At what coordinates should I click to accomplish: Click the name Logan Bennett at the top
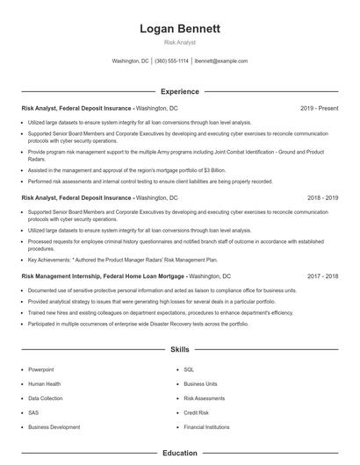click(x=179, y=28)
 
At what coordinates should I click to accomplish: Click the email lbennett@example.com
click(x=221, y=61)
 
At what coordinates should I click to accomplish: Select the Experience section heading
click(x=179, y=91)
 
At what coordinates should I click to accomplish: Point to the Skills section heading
click(x=179, y=349)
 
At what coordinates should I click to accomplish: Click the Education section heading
click(x=179, y=454)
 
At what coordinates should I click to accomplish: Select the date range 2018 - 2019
click(x=322, y=198)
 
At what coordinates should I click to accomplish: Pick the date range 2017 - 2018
click(x=322, y=275)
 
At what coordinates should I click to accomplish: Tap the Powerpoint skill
click(x=41, y=369)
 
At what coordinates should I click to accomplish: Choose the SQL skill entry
click(x=189, y=369)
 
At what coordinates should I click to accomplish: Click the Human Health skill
click(x=44, y=383)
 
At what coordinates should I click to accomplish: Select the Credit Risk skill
click(x=196, y=412)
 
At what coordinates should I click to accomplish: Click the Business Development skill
click(x=54, y=426)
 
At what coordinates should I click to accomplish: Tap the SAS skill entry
click(x=34, y=412)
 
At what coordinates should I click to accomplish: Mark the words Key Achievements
click(x=48, y=260)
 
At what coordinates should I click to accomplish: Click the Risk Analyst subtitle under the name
click(x=179, y=41)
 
